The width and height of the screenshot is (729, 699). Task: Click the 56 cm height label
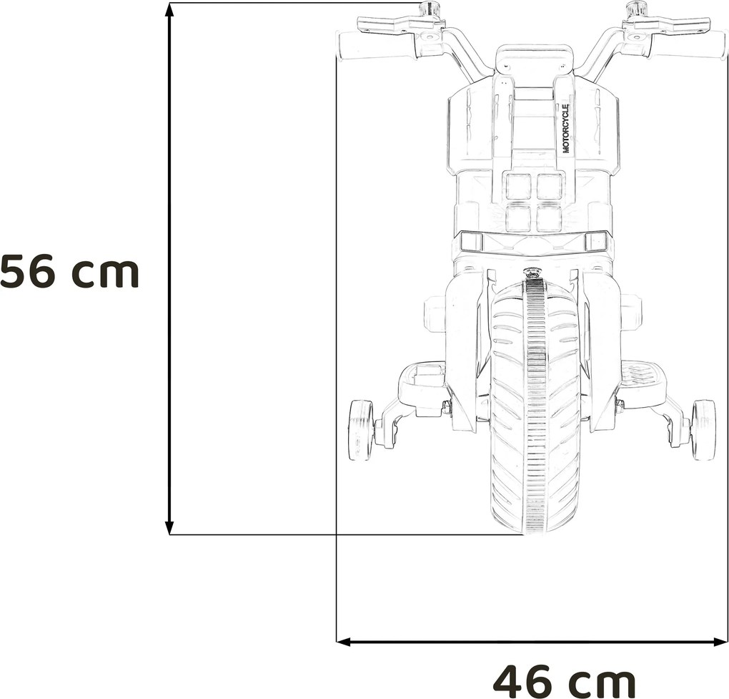tap(69, 272)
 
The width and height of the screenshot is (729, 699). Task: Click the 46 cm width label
tap(564, 680)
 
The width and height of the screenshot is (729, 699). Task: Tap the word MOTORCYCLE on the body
tap(565, 129)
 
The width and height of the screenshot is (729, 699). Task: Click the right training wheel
tap(703, 429)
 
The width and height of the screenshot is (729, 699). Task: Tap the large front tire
tap(534, 408)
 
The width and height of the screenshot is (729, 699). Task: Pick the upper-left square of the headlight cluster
tap(518, 187)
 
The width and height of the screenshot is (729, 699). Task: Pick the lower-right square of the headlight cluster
tap(550, 218)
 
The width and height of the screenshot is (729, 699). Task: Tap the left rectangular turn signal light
tap(471, 242)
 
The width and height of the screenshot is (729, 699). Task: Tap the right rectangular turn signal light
tap(595, 242)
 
